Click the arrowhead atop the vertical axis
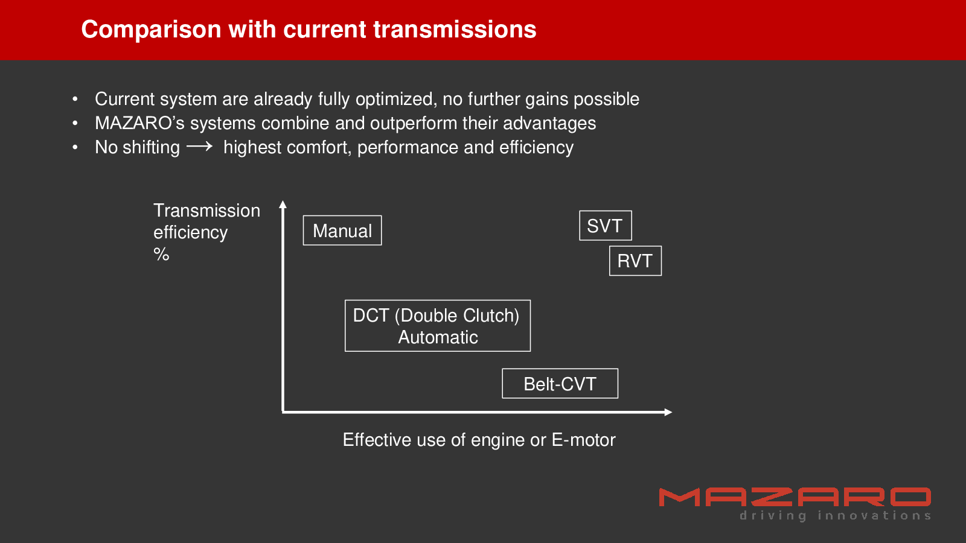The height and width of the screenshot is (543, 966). tap(283, 205)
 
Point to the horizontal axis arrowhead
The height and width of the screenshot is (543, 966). tap(668, 413)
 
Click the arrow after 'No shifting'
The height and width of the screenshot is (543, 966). tap(199, 147)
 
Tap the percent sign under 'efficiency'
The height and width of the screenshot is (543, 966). tap(161, 254)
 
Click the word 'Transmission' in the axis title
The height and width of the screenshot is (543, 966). tap(207, 211)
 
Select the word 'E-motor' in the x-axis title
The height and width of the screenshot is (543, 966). tap(583, 440)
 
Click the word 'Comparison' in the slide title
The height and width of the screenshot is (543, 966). tap(152, 30)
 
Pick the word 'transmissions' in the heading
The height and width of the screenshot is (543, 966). tap(455, 30)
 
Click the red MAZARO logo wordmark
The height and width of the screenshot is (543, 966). tap(795, 497)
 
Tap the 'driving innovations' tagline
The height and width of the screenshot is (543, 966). tap(836, 516)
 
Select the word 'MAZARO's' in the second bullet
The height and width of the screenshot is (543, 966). tap(139, 123)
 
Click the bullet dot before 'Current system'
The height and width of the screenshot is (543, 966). tap(75, 99)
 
